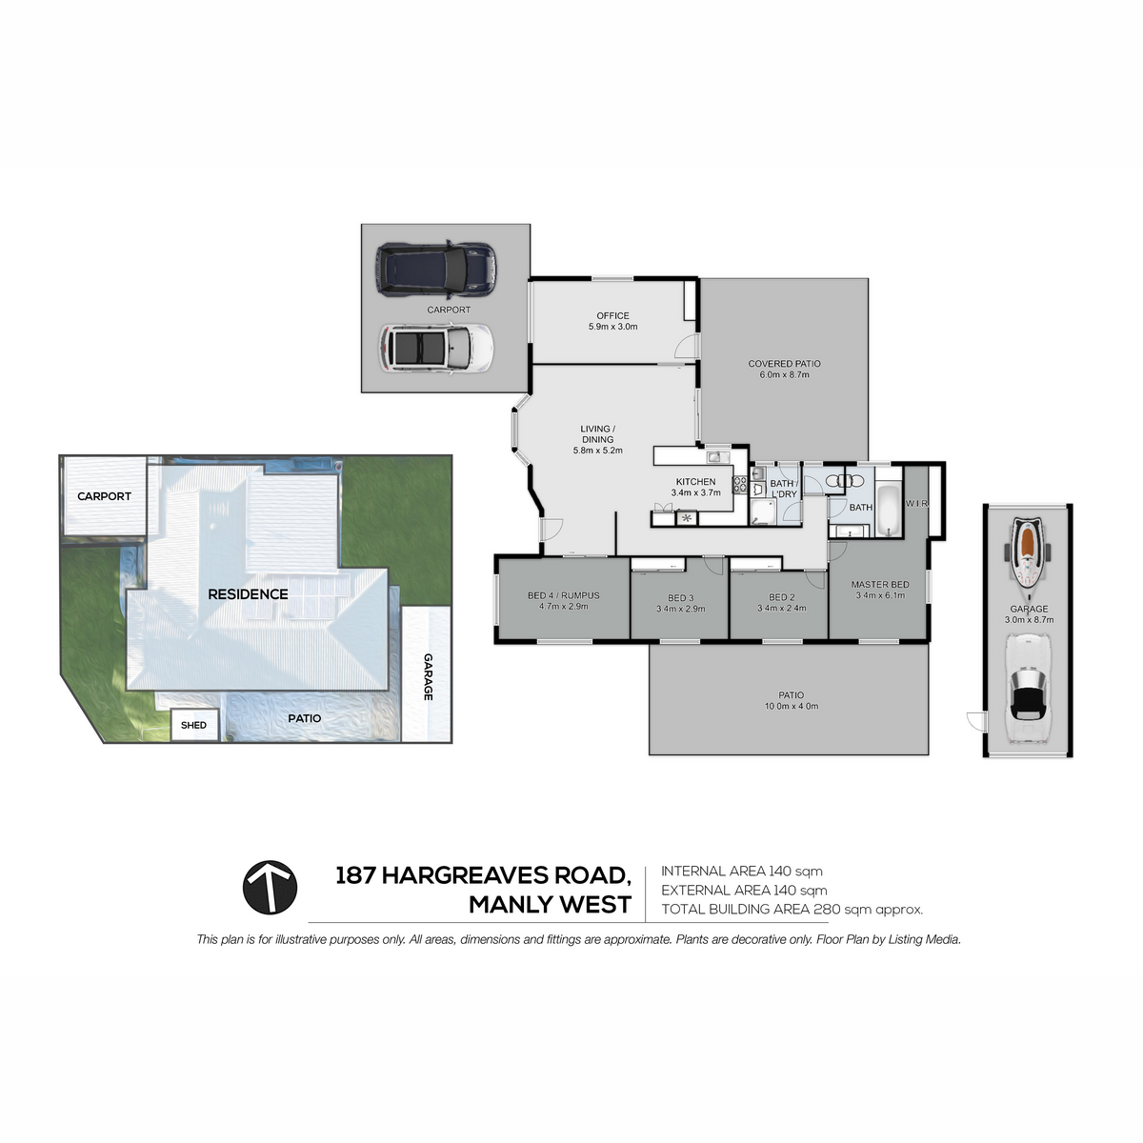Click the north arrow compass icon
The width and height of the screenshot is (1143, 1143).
tap(270, 888)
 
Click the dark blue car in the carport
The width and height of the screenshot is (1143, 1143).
tap(435, 270)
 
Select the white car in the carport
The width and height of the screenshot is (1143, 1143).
tap(436, 349)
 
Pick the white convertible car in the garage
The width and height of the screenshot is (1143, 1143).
tap(1028, 688)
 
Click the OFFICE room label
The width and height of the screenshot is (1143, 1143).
tap(612, 315)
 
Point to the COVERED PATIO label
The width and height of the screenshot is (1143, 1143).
tap(784, 364)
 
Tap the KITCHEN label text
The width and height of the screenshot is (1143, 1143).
tap(695, 482)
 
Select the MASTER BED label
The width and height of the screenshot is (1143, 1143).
tap(880, 584)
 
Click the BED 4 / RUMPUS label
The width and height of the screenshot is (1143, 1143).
tap(564, 595)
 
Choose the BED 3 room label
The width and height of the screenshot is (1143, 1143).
tap(680, 598)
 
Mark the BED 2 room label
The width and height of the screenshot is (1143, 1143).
tap(781, 597)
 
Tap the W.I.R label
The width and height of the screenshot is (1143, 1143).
tap(916, 504)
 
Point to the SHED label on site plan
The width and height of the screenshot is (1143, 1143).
tap(193, 725)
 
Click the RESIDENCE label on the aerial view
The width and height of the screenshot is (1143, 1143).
tap(248, 594)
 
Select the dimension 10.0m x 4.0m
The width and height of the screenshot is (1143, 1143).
tap(792, 706)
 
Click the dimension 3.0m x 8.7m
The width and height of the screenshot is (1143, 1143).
tap(1029, 620)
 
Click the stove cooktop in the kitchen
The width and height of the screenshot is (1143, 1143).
tap(740, 485)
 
